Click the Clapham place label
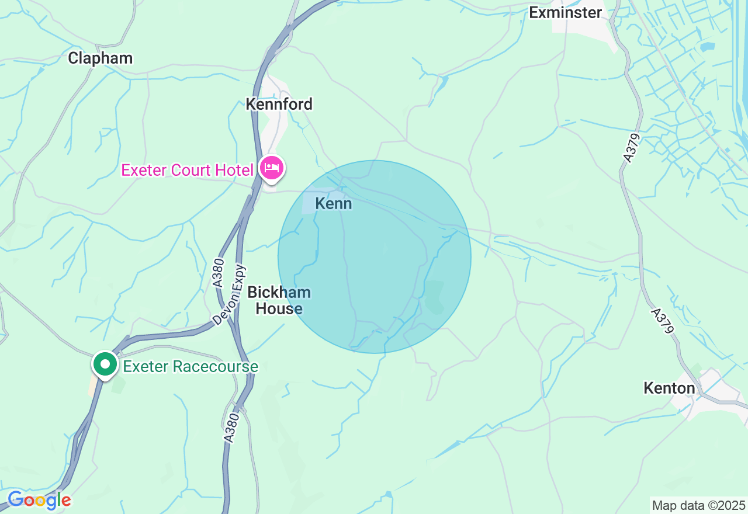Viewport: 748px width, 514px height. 100,58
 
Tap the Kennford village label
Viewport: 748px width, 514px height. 279,104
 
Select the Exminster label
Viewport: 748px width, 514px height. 565,12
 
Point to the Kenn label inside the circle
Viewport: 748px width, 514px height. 333,203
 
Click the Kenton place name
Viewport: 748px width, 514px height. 669,388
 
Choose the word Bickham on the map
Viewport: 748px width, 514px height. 279,293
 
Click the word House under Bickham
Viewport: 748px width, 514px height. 279,308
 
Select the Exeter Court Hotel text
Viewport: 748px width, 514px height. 188,170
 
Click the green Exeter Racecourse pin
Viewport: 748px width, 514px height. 105,364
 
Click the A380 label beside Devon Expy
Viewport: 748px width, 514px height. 218,273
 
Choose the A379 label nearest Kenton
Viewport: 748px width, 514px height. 663,321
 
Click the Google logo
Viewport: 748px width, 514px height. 39,500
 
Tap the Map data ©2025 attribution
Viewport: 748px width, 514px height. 698,505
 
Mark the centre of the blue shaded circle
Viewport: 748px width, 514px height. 375,257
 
